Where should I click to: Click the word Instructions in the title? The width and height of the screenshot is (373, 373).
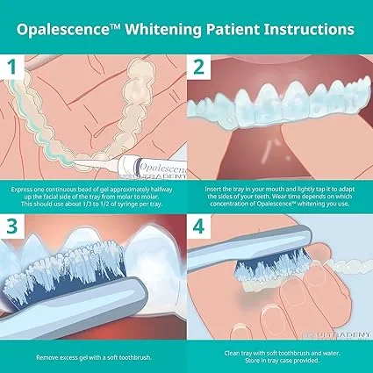[308, 29]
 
